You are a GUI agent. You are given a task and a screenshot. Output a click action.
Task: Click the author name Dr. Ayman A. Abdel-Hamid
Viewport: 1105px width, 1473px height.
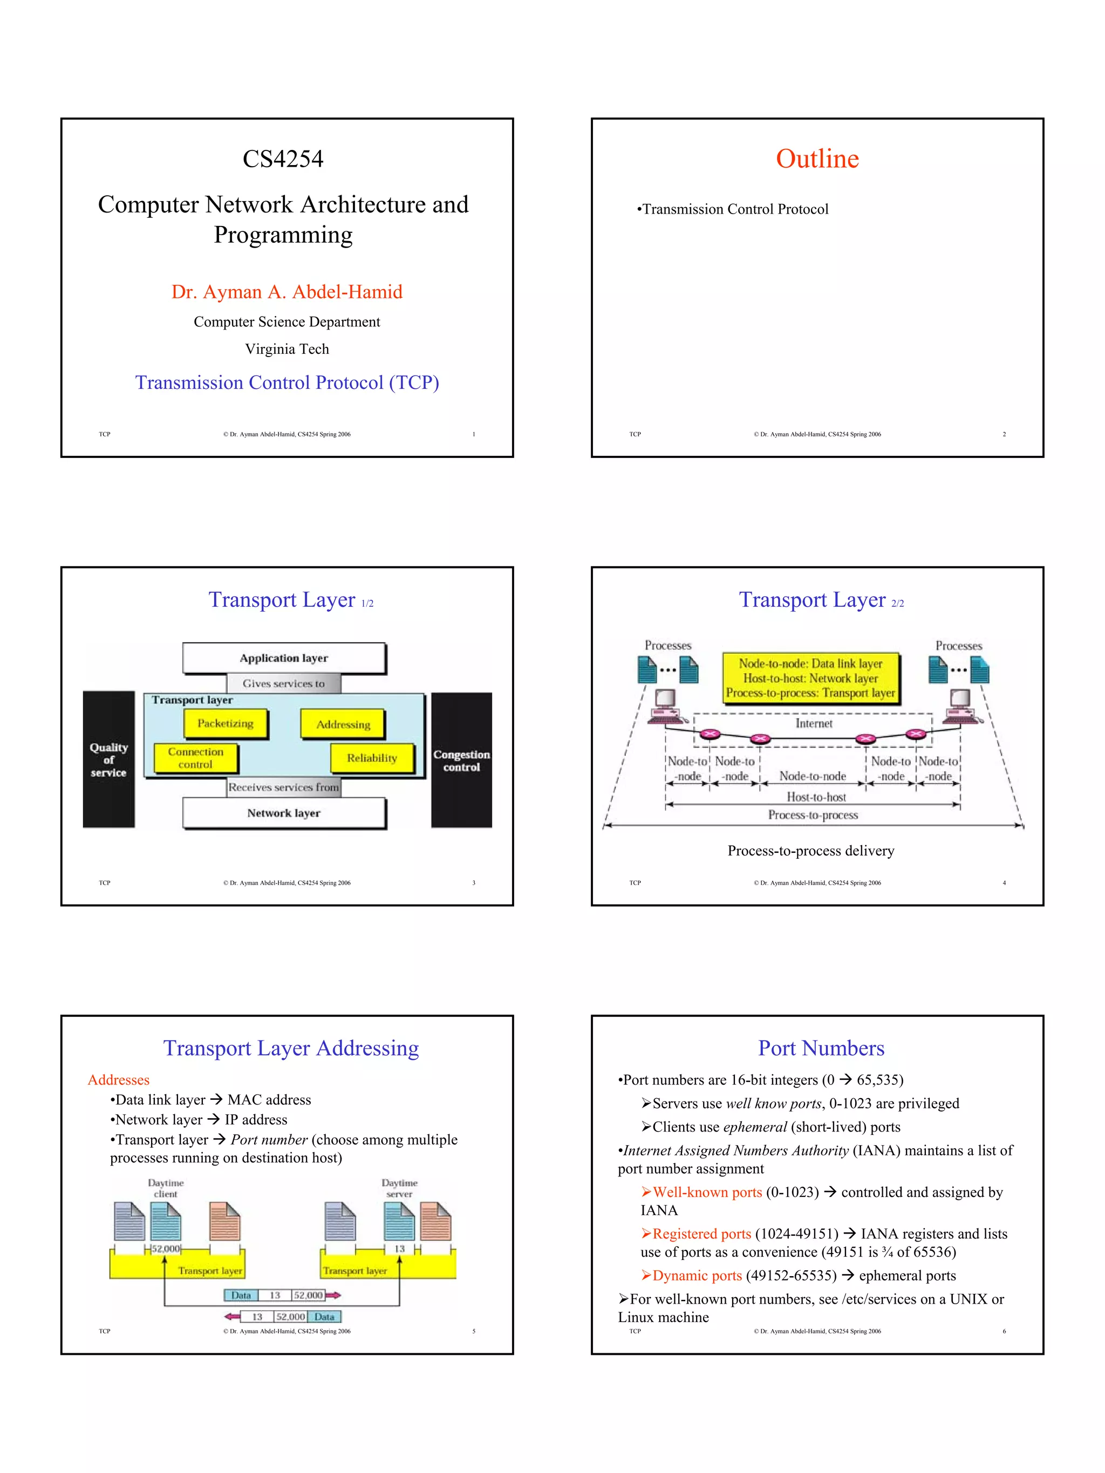click(x=287, y=292)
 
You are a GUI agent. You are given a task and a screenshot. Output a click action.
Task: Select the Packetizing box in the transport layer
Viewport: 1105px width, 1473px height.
click(x=225, y=723)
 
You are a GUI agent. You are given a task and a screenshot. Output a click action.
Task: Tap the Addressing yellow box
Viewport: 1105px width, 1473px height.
click(x=343, y=724)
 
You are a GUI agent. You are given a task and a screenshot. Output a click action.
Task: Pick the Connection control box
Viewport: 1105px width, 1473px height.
click(x=195, y=758)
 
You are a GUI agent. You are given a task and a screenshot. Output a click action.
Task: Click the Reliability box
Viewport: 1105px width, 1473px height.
click(x=372, y=758)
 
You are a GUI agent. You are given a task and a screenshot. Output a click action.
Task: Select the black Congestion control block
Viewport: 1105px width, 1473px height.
click(x=461, y=761)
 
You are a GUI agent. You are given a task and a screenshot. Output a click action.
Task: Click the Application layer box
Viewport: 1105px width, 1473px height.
click(x=284, y=658)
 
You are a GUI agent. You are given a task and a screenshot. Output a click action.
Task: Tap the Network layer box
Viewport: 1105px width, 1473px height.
click(x=284, y=813)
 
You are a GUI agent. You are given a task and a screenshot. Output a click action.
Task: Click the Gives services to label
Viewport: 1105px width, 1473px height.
click(x=284, y=683)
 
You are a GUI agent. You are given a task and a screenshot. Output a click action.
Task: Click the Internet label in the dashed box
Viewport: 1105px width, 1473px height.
click(x=813, y=723)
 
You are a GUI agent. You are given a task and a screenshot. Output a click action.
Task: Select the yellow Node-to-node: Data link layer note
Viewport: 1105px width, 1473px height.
click(x=810, y=678)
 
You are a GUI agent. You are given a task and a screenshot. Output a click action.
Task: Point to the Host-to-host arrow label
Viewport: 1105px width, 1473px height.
click(x=816, y=797)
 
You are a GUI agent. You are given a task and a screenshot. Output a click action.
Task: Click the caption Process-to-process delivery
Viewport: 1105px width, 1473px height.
click(x=810, y=851)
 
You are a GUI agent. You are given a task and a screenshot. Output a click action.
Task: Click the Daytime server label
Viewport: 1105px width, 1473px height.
click(x=399, y=1188)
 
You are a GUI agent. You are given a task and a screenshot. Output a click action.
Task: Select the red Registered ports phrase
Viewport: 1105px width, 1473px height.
click(x=701, y=1234)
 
